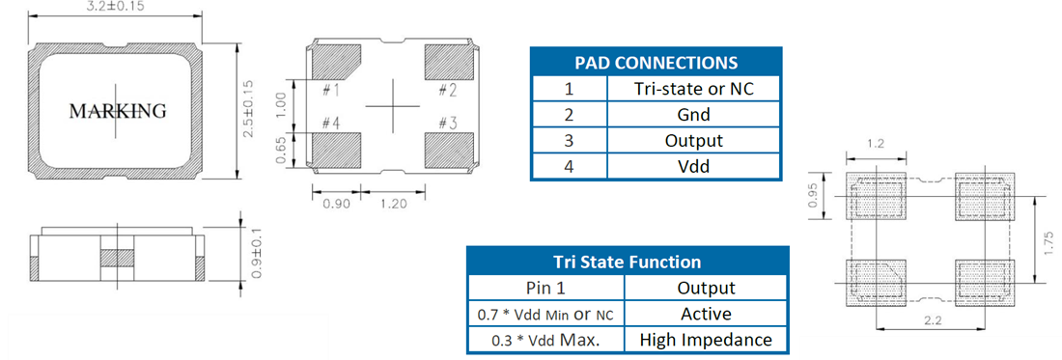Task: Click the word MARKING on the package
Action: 118,111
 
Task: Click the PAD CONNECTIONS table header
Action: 655,63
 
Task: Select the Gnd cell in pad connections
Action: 693,115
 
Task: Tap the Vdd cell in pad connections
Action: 693,166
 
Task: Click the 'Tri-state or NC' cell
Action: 693,89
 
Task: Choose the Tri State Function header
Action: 628,262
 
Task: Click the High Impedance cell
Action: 706,340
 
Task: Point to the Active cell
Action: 706,314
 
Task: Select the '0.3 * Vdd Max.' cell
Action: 546,340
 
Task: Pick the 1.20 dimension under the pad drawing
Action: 395,204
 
